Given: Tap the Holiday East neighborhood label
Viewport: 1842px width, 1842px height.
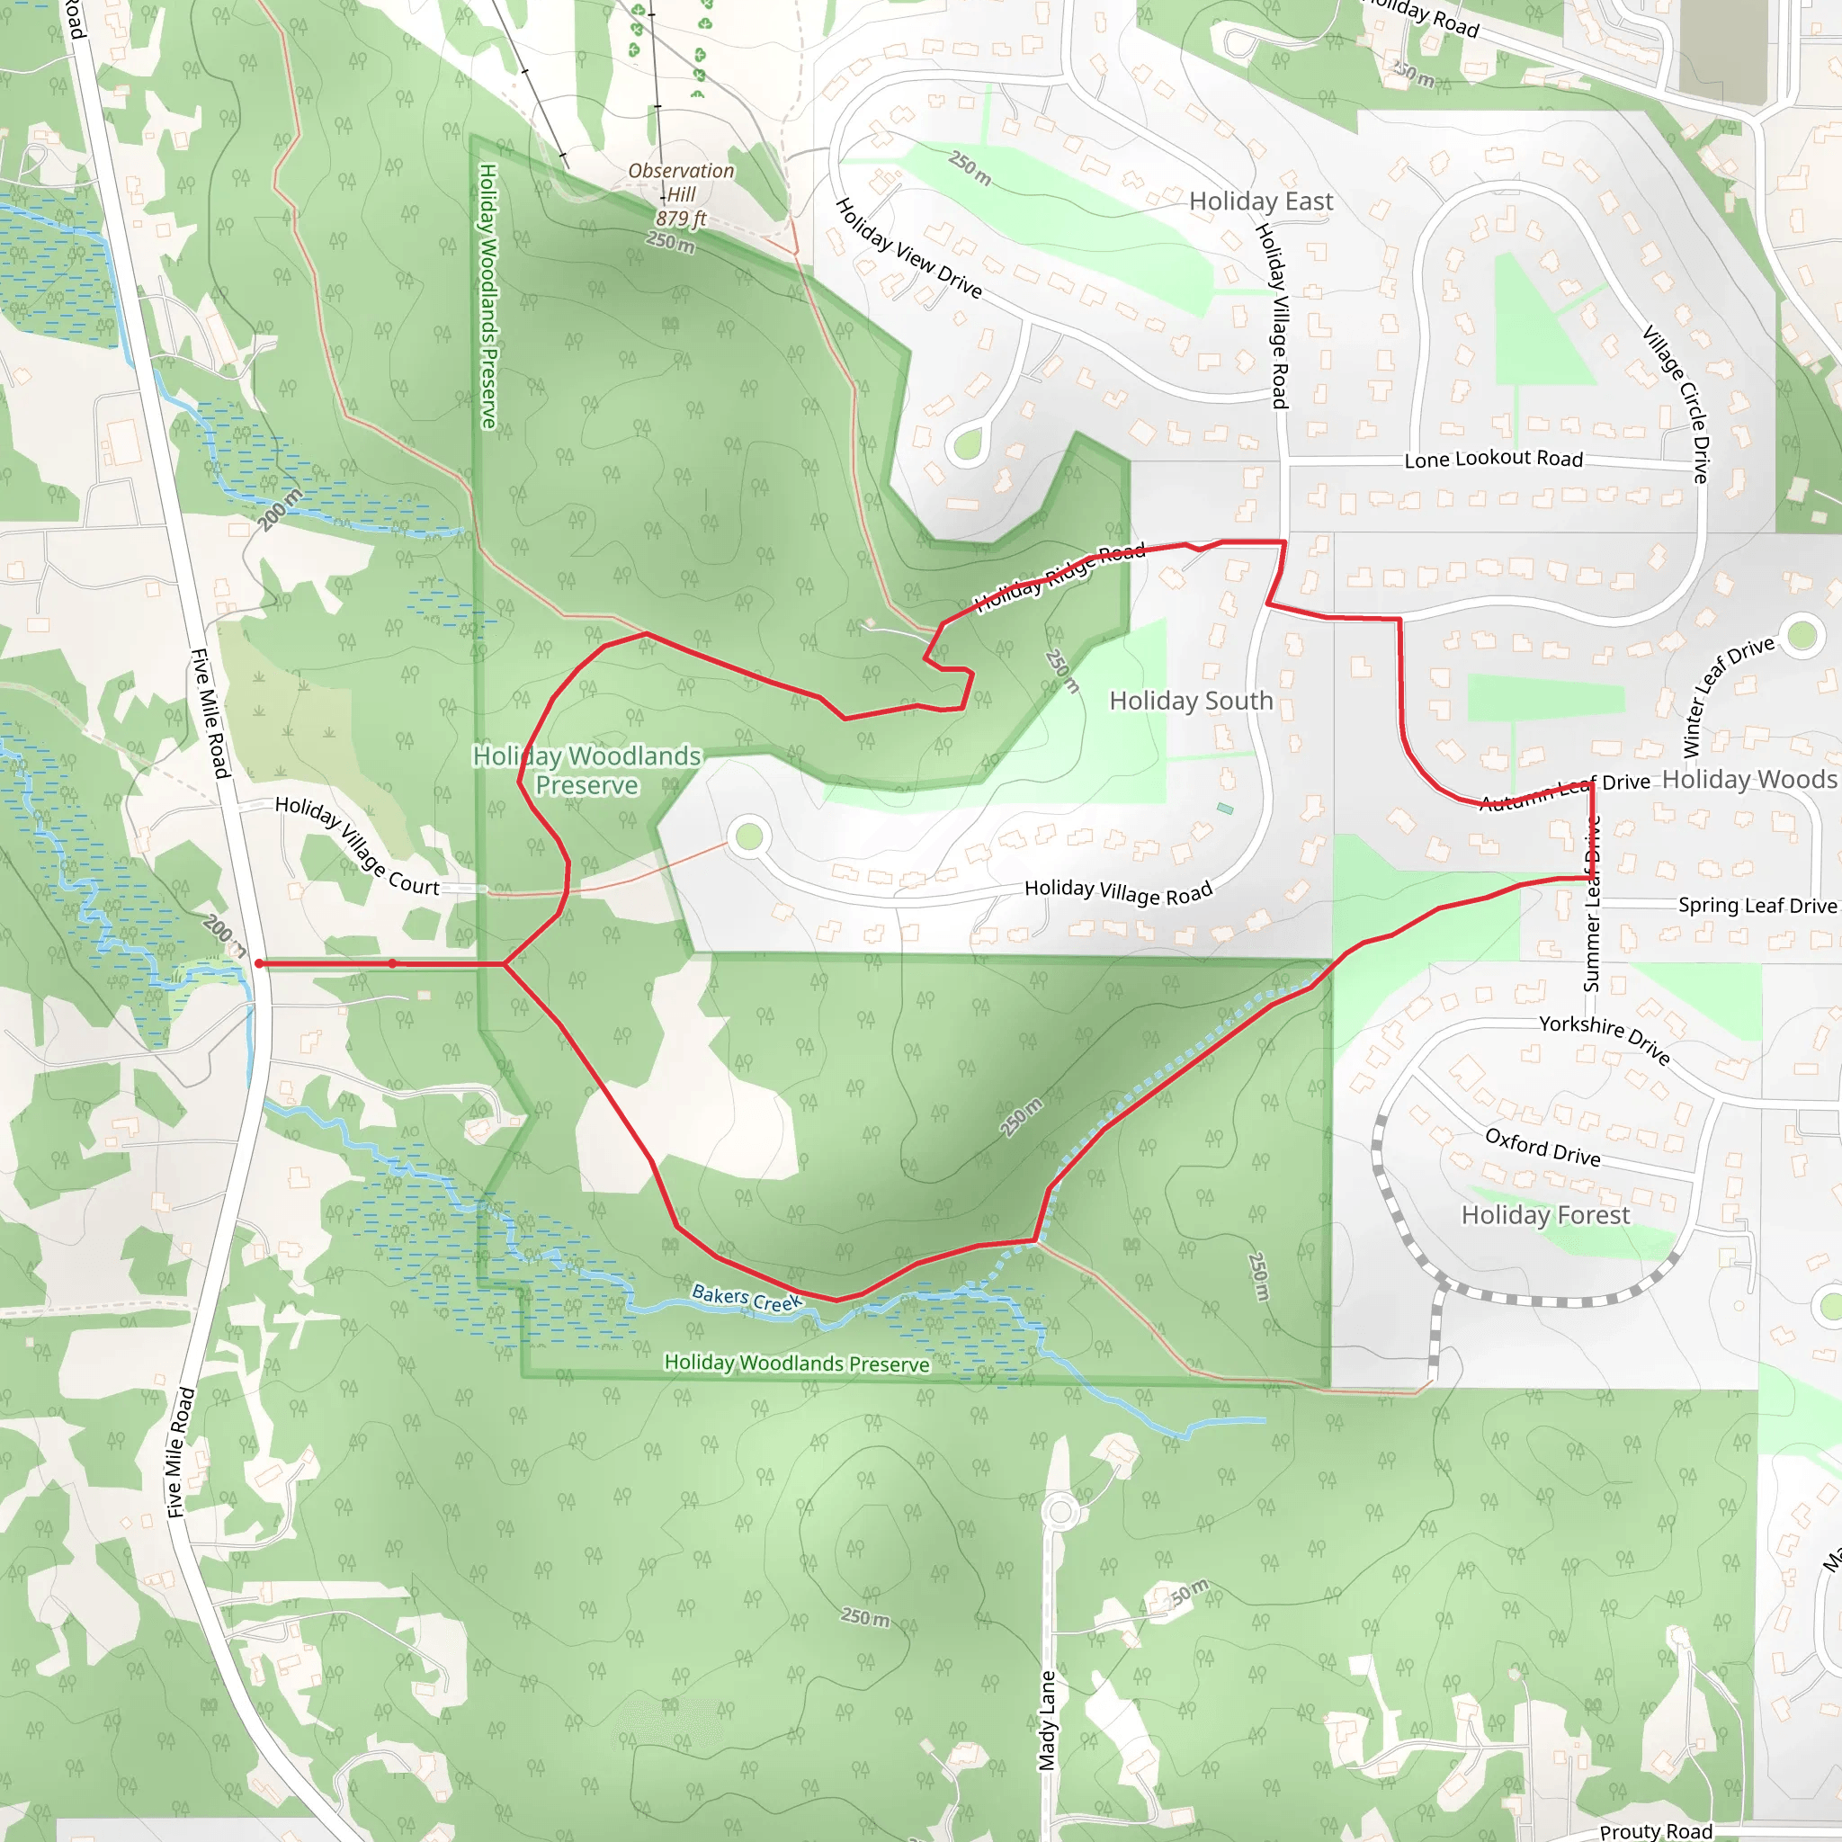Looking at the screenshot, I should click(x=1260, y=201).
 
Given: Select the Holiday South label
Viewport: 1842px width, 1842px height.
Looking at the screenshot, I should click(x=1191, y=701).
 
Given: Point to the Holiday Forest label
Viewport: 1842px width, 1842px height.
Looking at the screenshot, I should click(x=1544, y=1214).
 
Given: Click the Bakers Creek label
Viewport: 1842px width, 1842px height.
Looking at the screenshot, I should click(x=747, y=1299).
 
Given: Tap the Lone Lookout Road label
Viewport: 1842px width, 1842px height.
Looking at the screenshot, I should click(x=1493, y=459).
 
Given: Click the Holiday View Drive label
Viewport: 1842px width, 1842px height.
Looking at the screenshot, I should click(x=908, y=248).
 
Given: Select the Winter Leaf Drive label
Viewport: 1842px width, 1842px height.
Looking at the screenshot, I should click(x=1728, y=696).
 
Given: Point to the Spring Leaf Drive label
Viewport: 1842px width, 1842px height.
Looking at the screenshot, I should click(x=1757, y=906).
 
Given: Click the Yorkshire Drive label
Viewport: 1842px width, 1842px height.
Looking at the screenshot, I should click(x=1605, y=1038).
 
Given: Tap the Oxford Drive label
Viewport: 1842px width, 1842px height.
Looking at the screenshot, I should click(x=1542, y=1148).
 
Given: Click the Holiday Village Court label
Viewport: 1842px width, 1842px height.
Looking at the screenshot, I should click(x=356, y=845).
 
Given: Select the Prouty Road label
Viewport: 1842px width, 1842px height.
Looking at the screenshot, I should click(x=1656, y=1830).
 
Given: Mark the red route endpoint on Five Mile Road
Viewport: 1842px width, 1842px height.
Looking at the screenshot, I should click(x=259, y=964).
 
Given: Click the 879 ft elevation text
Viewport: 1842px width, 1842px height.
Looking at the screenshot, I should click(x=681, y=219).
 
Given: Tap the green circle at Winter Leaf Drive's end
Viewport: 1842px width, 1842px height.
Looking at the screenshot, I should click(x=1801, y=634).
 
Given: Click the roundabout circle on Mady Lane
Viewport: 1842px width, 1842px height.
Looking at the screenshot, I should click(x=1060, y=1511).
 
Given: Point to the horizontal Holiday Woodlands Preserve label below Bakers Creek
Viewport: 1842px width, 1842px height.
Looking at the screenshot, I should click(x=796, y=1364).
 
